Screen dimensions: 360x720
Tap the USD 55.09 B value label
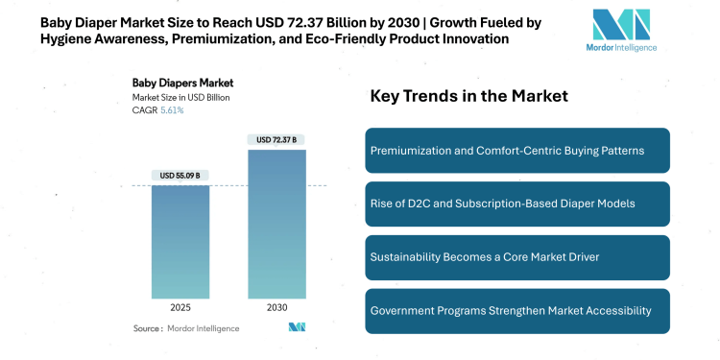tap(180, 175)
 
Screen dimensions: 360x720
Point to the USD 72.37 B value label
tap(276, 139)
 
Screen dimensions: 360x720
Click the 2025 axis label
tap(180, 309)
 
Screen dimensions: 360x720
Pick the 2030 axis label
tap(276, 309)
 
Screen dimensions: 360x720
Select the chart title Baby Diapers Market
tap(183, 83)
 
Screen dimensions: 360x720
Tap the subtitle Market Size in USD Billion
tap(181, 97)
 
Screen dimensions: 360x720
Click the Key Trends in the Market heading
tap(469, 96)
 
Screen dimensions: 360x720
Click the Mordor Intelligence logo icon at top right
tap(622, 27)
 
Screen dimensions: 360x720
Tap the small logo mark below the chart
tap(297, 327)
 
